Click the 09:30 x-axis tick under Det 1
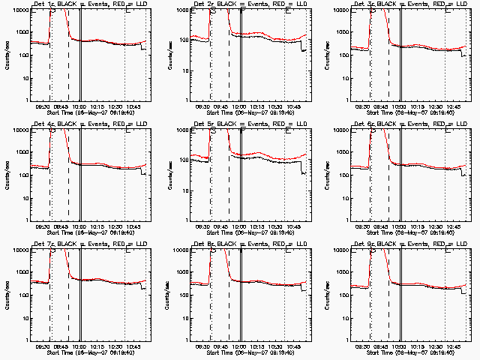(x=43, y=107)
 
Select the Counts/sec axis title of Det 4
(x=6, y=175)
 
